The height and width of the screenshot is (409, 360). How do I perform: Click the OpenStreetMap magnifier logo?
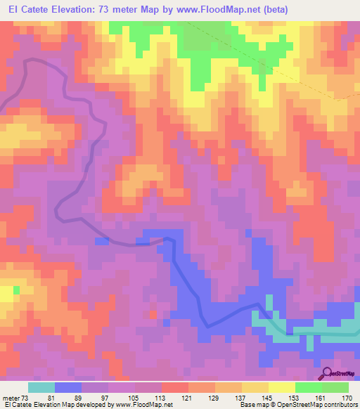pyautogui.click(x=327, y=372)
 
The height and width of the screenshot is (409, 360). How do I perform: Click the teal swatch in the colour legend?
pyautogui.click(x=41, y=387)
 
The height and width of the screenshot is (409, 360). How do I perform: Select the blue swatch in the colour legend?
pyautogui.click(x=68, y=387)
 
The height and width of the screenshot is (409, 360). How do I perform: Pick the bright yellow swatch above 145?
pyautogui.click(x=281, y=387)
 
